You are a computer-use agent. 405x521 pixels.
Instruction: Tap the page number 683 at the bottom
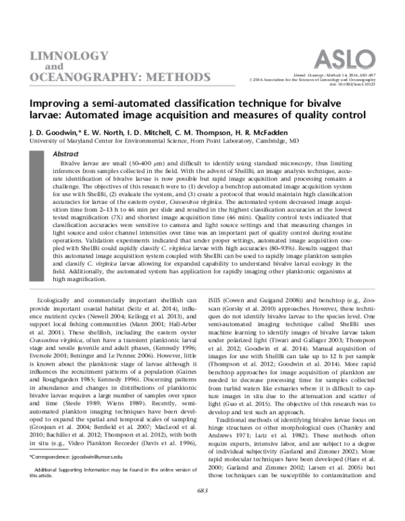[202, 507]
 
